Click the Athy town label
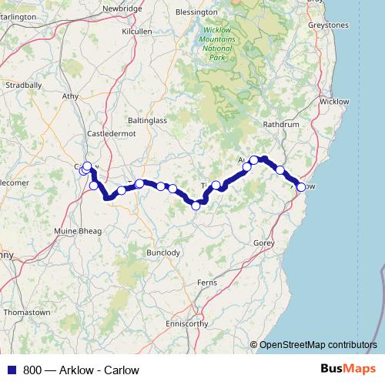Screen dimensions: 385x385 pyautogui.click(x=70, y=97)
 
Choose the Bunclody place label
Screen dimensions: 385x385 pyautogui.click(x=163, y=253)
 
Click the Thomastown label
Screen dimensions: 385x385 pyautogui.click(x=27, y=313)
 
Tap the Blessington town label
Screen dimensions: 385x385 pyautogui.click(x=196, y=13)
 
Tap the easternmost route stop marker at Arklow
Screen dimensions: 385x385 pyautogui.click(x=301, y=186)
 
